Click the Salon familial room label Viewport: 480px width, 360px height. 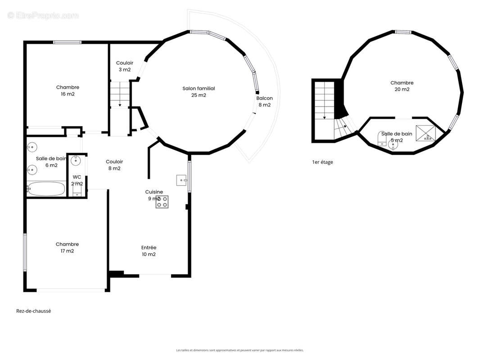(x=199, y=92)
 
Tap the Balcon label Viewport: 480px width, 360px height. (x=264, y=101)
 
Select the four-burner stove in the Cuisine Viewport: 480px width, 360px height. (x=162, y=202)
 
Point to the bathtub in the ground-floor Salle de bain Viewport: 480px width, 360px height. (x=46, y=188)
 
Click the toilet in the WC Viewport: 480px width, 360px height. (x=77, y=192)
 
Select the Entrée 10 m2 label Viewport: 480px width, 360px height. (x=149, y=251)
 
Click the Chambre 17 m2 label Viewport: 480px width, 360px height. (x=67, y=247)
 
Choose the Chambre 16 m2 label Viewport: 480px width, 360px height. (x=68, y=90)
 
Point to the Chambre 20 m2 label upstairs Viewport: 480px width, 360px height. (x=402, y=86)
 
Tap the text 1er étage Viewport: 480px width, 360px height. (x=322, y=162)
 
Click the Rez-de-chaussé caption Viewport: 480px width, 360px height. (x=33, y=311)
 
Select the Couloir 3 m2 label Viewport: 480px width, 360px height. (x=124, y=66)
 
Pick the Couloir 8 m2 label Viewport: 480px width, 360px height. (x=114, y=165)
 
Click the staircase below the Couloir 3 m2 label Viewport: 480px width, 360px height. (x=120, y=94)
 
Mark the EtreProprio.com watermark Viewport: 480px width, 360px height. (x=43, y=15)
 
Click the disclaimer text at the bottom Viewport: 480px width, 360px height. (x=240, y=350)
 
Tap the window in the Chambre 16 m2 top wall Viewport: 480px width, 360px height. (x=67, y=42)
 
